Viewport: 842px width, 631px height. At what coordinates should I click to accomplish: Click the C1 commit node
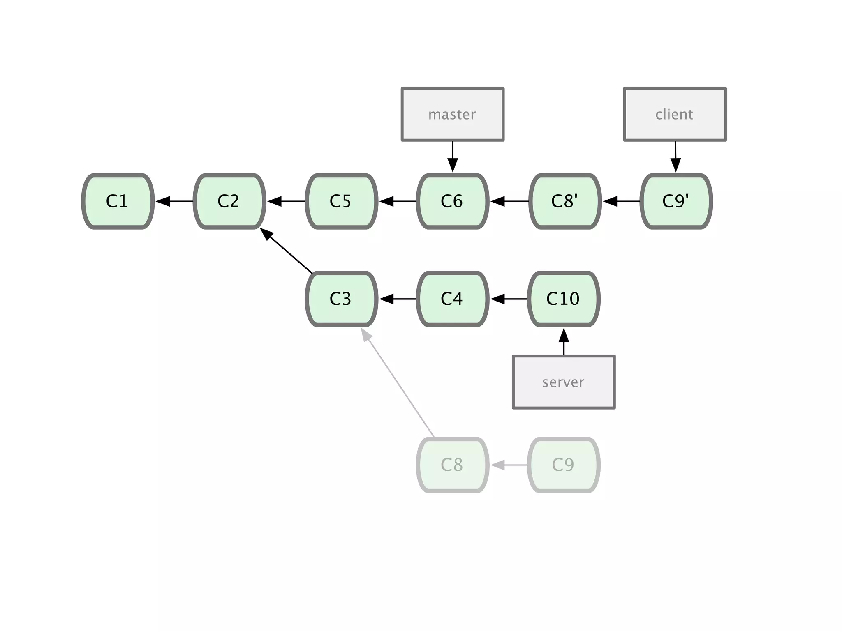(x=118, y=201)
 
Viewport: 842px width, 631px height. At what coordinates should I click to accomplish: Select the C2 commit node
(x=229, y=201)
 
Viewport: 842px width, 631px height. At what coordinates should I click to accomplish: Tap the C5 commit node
(x=341, y=201)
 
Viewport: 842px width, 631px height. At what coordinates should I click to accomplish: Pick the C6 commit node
(x=453, y=201)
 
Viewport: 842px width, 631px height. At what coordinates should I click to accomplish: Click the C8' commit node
(x=565, y=201)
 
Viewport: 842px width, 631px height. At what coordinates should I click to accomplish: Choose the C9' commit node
(x=676, y=201)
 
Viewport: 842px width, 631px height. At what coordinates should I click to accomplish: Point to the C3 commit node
(x=341, y=299)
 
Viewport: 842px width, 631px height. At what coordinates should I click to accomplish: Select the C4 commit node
(x=453, y=299)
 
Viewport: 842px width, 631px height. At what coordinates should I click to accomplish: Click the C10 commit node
(x=564, y=299)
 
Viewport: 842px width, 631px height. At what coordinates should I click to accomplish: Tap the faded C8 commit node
(x=453, y=465)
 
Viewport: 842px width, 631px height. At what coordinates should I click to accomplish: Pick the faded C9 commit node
(x=564, y=465)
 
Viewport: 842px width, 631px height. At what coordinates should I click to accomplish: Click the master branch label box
(x=453, y=114)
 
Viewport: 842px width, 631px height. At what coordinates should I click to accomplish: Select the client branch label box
(x=675, y=114)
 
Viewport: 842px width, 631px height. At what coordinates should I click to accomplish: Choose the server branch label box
(x=564, y=382)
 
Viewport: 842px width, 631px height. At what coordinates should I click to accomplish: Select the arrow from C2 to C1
(x=174, y=201)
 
